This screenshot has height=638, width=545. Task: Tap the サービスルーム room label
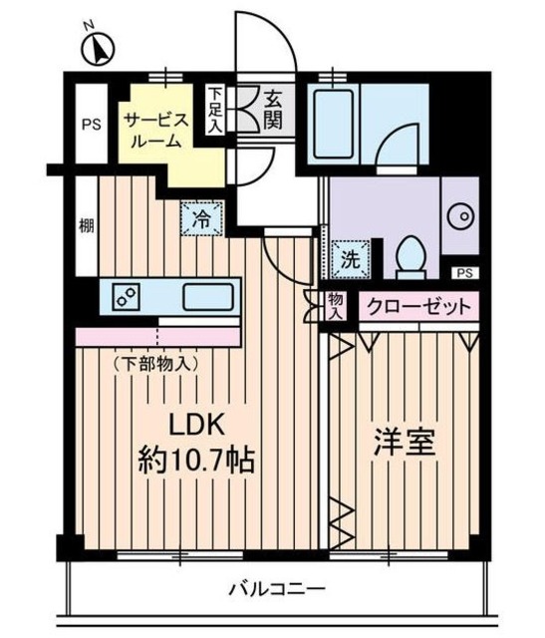(156, 131)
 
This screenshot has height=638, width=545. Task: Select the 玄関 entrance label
(273, 109)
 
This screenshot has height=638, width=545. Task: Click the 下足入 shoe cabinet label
(214, 109)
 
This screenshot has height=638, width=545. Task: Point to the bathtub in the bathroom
(334, 124)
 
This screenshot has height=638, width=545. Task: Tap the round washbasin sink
(461, 216)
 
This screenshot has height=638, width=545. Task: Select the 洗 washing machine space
(351, 259)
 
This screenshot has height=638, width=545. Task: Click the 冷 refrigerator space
(201, 219)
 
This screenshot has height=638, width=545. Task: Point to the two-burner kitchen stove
(126, 297)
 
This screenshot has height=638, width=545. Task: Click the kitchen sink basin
(208, 297)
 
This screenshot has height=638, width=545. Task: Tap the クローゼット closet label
(418, 306)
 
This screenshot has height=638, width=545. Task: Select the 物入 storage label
(337, 306)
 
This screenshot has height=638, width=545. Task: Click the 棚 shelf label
(87, 225)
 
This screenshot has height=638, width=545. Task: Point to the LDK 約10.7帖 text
(196, 443)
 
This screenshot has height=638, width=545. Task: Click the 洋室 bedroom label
(406, 443)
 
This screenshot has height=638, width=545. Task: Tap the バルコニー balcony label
(277, 588)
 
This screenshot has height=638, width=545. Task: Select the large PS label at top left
(92, 124)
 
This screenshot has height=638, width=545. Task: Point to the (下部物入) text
(156, 364)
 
